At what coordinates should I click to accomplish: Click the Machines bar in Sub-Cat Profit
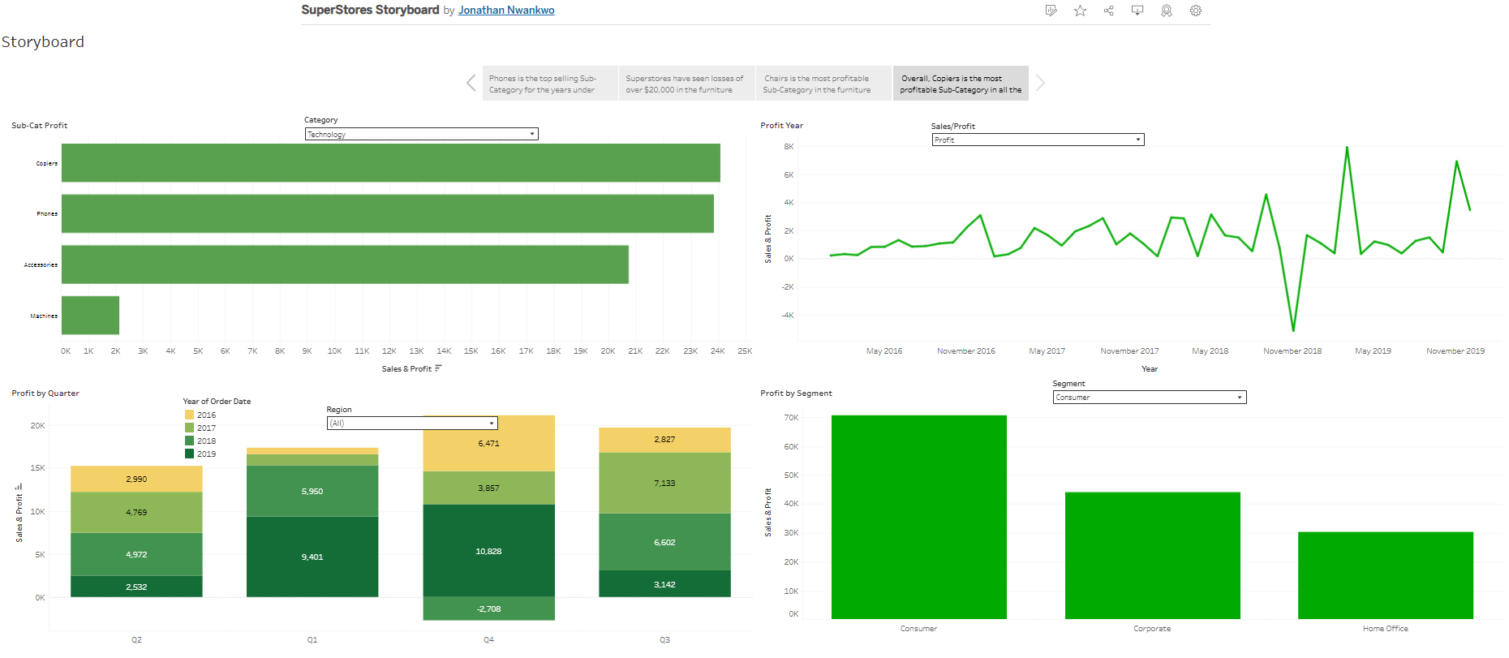(90, 315)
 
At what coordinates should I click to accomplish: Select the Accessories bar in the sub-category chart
(345, 264)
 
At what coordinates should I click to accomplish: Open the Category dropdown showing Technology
(421, 134)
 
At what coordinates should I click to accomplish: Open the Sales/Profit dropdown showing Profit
(1038, 140)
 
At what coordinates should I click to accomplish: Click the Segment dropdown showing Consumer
(1149, 397)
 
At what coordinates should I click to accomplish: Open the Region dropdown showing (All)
(411, 423)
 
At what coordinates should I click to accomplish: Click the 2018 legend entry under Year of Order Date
(206, 441)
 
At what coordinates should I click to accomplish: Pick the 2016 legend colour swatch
(189, 415)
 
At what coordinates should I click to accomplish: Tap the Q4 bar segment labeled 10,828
(488, 551)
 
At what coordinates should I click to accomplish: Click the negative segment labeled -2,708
(488, 609)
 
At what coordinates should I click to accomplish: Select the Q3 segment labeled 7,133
(664, 483)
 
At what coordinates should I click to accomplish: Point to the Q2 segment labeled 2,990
(136, 479)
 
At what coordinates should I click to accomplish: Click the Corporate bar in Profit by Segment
(1152, 555)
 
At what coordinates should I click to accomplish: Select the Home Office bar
(1385, 575)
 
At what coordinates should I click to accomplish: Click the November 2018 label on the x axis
(1292, 351)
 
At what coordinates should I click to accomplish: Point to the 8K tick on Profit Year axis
(789, 147)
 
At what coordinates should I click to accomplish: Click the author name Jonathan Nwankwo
(506, 11)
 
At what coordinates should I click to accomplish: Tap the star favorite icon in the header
(1080, 11)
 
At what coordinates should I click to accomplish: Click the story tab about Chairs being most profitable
(823, 84)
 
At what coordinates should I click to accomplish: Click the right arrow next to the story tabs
(1040, 83)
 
